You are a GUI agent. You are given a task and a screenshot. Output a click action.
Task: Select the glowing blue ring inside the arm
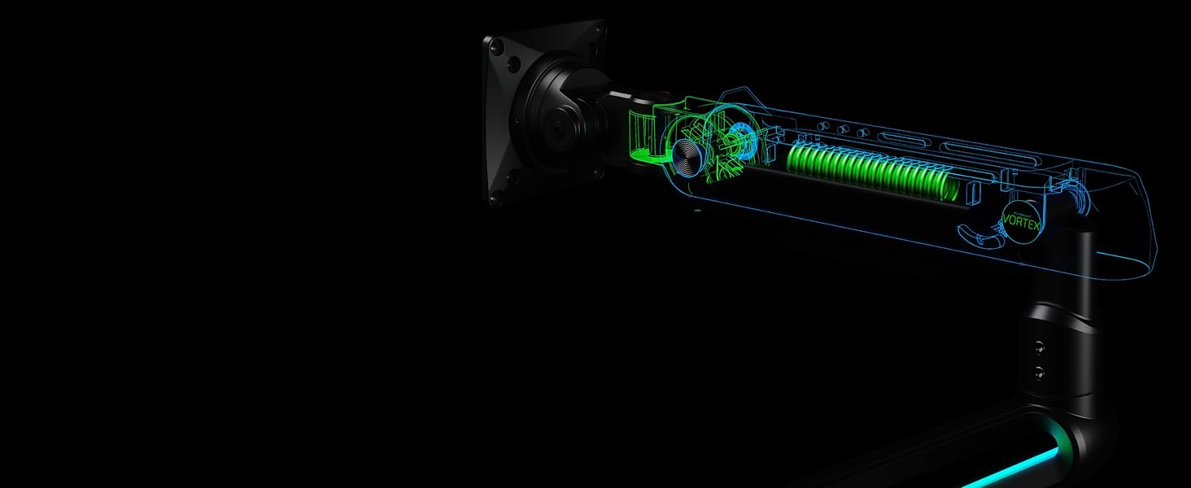(742, 135)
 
